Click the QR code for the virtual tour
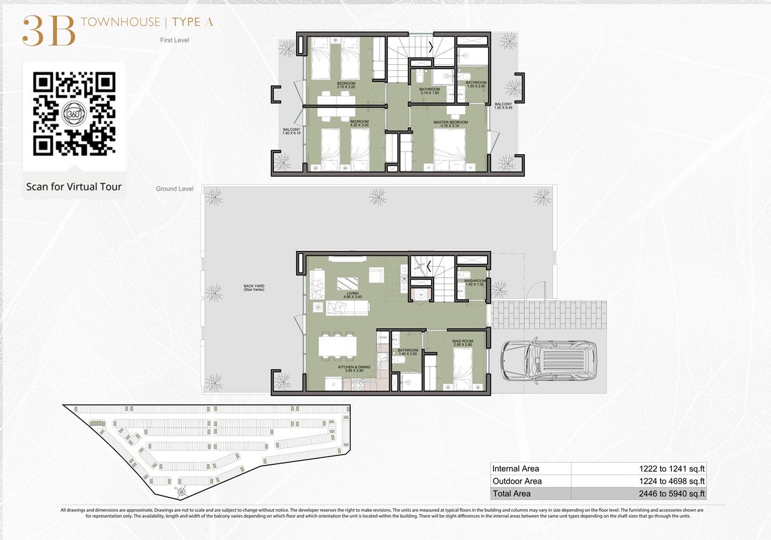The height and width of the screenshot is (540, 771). click(x=74, y=113)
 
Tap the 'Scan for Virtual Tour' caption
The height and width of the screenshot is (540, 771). click(x=74, y=187)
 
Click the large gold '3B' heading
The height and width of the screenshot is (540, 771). click(x=49, y=31)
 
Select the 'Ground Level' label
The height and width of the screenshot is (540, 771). click(x=175, y=188)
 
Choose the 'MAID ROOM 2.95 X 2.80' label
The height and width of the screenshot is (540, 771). click(x=462, y=343)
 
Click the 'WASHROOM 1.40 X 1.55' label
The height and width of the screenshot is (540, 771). click(x=474, y=283)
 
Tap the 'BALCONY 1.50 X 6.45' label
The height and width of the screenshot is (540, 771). click(x=503, y=106)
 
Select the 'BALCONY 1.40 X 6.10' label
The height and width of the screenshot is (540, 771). click(x=291, y=130)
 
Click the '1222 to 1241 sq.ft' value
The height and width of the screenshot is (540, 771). click(x=671, y=469)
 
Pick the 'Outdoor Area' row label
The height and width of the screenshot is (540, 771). click(x=517, y=481)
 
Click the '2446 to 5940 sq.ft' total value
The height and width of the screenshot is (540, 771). click(x=671, y=494)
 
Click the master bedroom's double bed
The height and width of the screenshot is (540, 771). click(x=450, y=150)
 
